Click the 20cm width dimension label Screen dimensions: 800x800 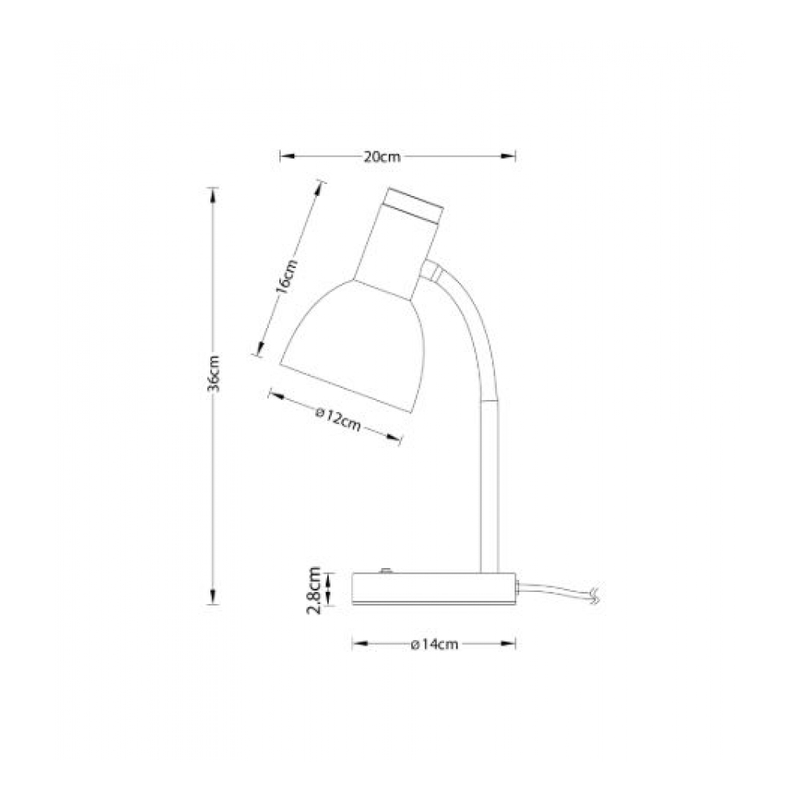point(382,157)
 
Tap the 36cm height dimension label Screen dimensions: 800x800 point(214,374)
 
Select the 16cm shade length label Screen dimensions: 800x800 point(286,277)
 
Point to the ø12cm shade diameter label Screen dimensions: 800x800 point(338,419)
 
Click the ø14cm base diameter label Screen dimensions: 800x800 point(434,644)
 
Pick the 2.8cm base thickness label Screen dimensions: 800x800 point(314,591)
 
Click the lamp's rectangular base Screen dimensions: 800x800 point(434,589)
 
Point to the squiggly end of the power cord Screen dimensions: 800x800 point(594,595)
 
